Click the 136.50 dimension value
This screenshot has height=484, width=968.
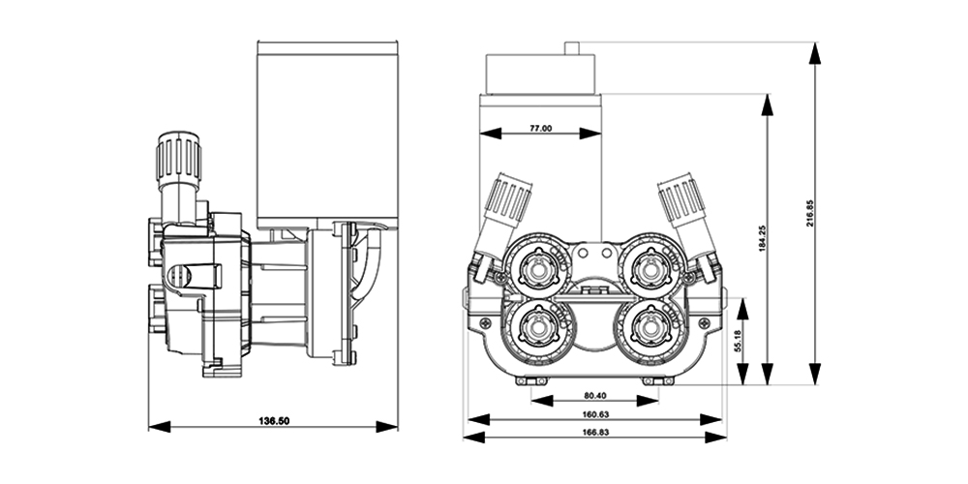(274, 421)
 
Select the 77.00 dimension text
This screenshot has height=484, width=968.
(541, 129)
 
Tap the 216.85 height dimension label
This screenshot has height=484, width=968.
(809, 212)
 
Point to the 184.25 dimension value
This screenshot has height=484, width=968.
(762, 237)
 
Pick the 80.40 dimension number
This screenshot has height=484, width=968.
(594, 395)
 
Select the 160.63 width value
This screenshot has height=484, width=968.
(595, 414)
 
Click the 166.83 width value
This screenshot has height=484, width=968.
(595, 432)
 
